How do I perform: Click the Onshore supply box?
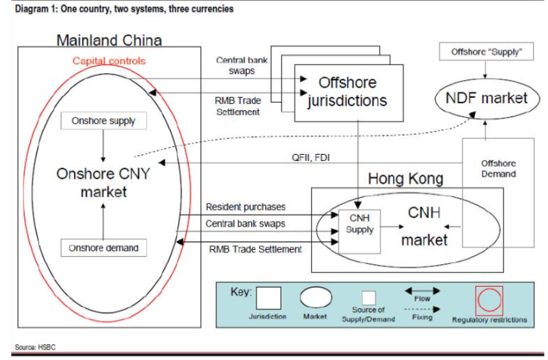[103, 121]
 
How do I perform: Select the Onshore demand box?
[103, 248]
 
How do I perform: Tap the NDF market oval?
[486, 98]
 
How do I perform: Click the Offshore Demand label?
[498, 169]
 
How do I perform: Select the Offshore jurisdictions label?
[347, 91]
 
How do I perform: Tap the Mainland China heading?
[109, 40]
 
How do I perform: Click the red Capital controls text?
[109, 61]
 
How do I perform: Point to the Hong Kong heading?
[406, 179]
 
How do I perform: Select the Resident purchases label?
[246, 207]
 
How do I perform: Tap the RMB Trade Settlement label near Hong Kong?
[255, 249]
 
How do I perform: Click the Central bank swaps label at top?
[242, 66]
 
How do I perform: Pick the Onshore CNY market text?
[103, 182]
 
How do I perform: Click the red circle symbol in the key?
[489, 300]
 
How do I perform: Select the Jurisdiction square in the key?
[268, 299]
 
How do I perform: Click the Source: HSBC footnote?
[34, 347]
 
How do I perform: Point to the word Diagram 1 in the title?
[34, 9]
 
